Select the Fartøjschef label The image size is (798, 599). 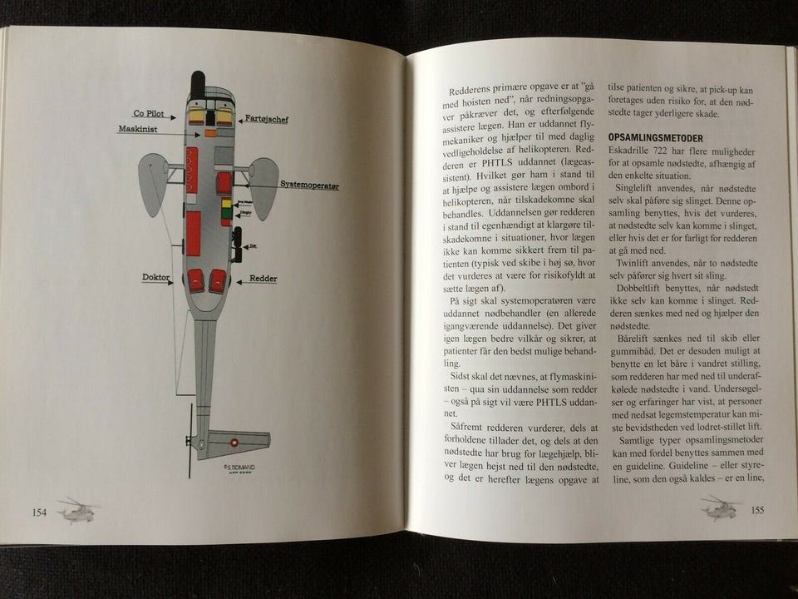264,120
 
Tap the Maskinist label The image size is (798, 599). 137,129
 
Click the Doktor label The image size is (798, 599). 155,277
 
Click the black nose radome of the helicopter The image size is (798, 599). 197,82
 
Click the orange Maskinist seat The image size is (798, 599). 210,133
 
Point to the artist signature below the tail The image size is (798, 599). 239,468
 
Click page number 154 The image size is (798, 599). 39,512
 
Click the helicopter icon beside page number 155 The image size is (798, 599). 719,507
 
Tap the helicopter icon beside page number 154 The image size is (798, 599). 77,509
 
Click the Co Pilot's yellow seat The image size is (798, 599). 196,116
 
